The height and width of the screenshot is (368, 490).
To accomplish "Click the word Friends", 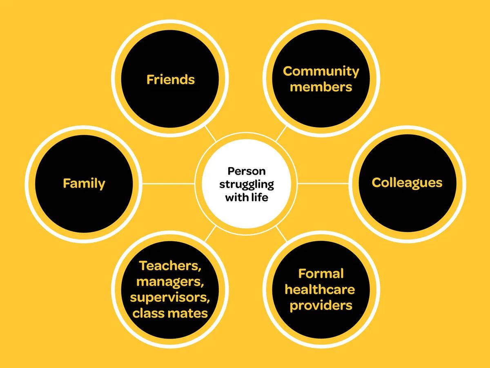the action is (171, 80).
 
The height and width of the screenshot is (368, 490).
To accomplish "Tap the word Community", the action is (321, 72).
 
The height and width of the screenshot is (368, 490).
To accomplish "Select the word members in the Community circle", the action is (321, 87).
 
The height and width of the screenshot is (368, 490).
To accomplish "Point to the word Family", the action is (84, 184).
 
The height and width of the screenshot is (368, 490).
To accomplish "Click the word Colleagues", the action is (407, 183).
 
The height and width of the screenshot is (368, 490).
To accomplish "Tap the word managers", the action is (170, 282).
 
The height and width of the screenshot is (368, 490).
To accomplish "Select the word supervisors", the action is (170, 298).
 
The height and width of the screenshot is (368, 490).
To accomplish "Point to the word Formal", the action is (321, 274).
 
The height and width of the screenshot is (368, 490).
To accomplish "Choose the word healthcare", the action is (320, 289).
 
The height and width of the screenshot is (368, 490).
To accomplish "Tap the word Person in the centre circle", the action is (247, 171).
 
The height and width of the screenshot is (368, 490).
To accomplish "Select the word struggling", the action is (247, 185).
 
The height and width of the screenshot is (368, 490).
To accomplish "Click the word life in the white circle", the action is (260, 197).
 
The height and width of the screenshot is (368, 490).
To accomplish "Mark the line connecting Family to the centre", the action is (168, 184).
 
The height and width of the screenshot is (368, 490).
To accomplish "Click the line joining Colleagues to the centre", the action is (323, 184).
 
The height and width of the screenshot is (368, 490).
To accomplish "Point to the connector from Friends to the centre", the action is (211, 134).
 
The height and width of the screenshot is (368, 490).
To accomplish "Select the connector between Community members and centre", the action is (281, 134).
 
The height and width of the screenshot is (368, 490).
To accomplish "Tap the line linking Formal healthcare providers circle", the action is (281, 234).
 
